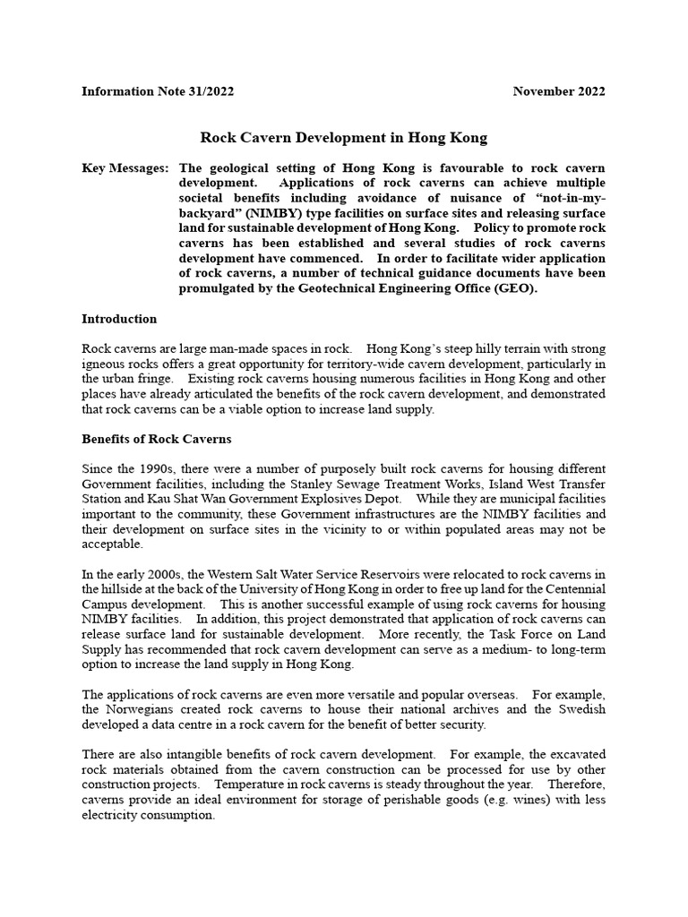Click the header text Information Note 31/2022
coord(158,91)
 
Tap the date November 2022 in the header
coord(559,91)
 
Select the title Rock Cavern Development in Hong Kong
coord(343,138)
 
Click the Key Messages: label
coord(125,168)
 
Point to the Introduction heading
coord(119,319)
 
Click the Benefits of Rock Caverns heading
coord(157,439)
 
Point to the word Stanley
coord(331,484)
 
